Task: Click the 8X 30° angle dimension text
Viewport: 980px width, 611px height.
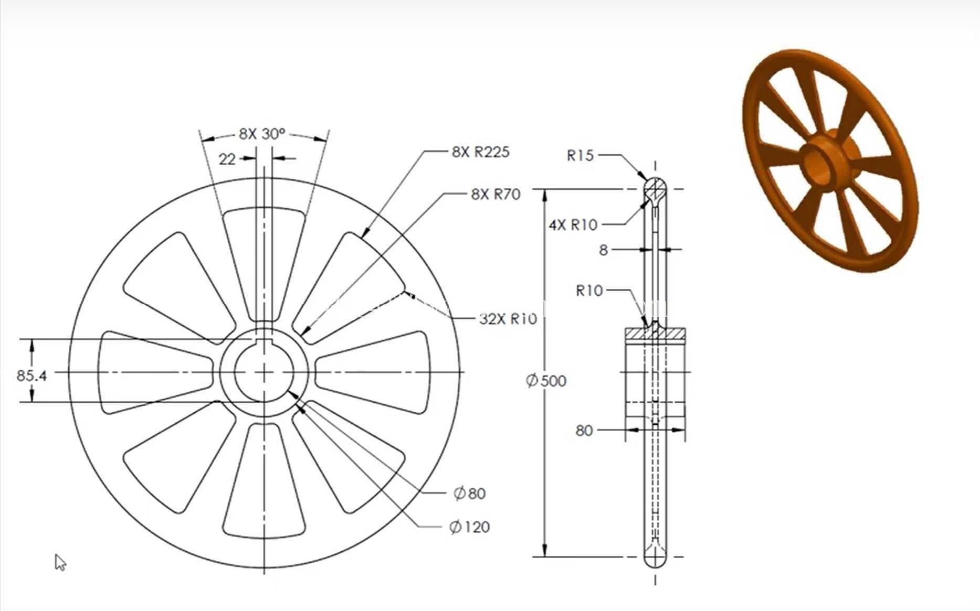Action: click(x=262, y=134)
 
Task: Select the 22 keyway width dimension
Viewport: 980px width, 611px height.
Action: click(x=227, y=158)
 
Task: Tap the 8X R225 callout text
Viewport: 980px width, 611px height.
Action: click(x=480, y=152)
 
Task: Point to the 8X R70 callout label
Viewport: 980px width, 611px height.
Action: click(x=496, y=194)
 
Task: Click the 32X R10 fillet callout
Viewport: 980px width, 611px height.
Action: click(x=508, y=318)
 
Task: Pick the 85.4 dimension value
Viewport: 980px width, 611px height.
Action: click(x=31, y=376)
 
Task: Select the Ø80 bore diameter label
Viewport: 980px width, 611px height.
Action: click(x=469, y=493)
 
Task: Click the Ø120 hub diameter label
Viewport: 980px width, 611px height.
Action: click(x=469, y=527)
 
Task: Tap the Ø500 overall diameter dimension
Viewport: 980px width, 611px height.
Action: click(x=546, y=380)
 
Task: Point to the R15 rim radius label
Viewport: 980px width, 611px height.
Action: click(x=580, y=155)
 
